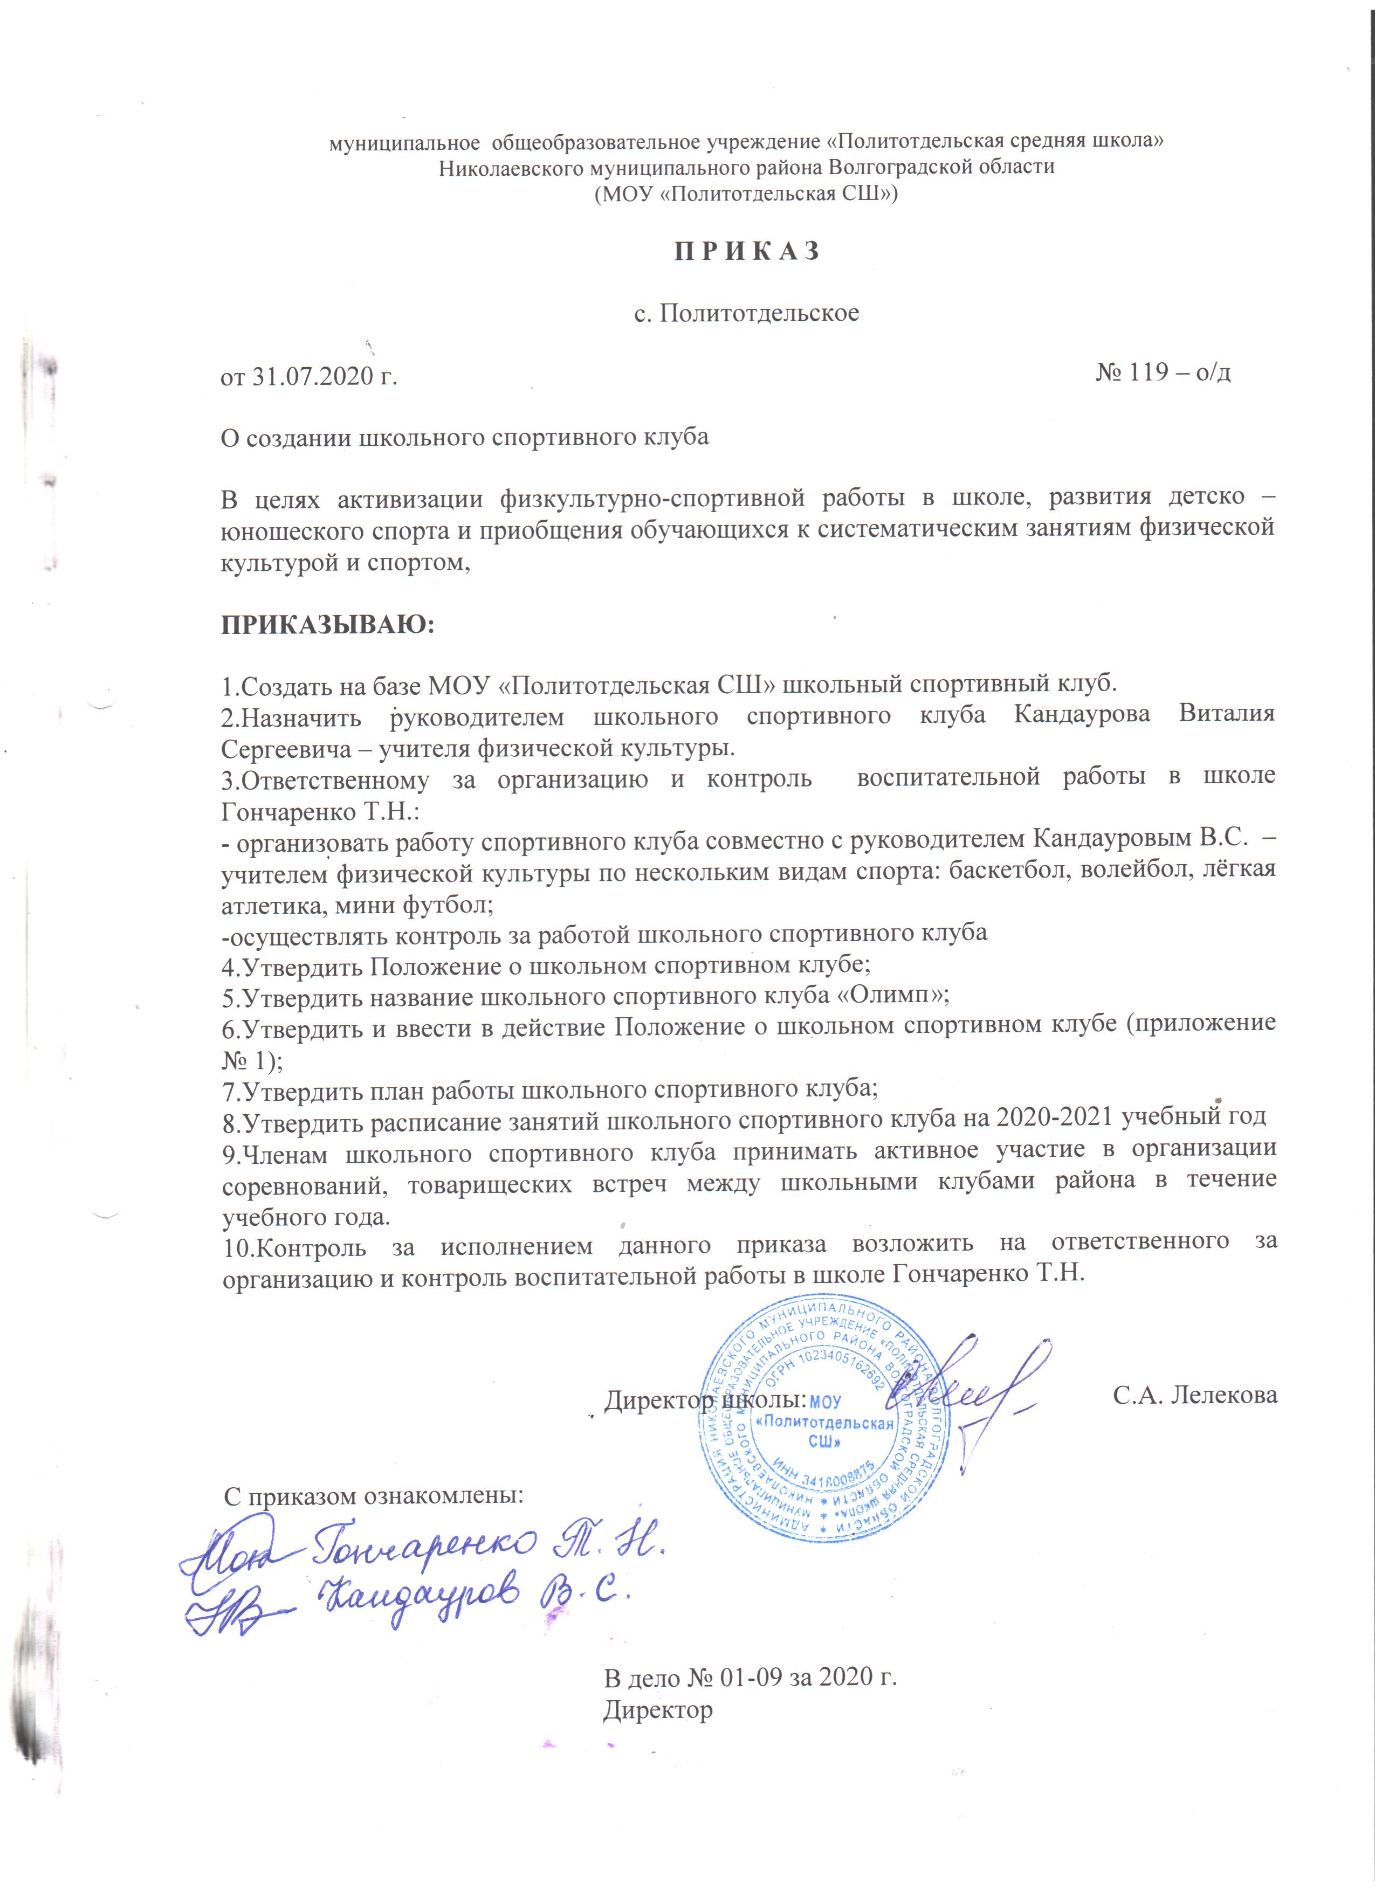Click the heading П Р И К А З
747,251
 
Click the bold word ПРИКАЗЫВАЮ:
328,625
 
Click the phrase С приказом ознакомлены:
374,1495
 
